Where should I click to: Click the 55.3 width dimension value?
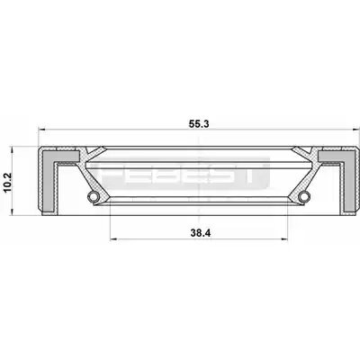(199, 123)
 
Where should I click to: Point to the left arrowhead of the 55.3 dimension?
(42, 130)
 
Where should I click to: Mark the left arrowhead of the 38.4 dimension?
(113, 238)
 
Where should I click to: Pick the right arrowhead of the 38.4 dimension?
(284, 238)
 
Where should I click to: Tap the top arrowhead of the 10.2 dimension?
(12, 149)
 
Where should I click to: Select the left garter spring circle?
(93, 196)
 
